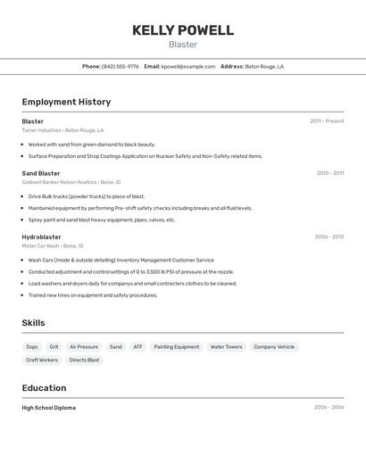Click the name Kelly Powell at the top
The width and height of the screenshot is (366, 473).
(x=183, y=30)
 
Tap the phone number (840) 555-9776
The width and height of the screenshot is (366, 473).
(x=120, y=66)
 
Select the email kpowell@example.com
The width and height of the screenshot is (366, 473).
(x=188, y=66)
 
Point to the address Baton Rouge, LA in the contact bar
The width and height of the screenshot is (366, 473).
(x=264, y=66)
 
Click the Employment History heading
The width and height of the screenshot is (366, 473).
(x=66, y=102)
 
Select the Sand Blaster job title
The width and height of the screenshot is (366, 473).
(x=41, y=173)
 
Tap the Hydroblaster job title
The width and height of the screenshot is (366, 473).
(x=42, y=236)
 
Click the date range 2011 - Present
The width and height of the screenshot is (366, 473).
(x=327, y=120)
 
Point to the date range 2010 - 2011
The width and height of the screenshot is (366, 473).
(x=329, y=173)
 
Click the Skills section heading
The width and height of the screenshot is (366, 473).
(x=33, y=323)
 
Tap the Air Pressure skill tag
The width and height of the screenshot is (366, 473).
(x=84, y=346)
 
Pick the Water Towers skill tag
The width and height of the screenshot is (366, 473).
(x=226, y=346)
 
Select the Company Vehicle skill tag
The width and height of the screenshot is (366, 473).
(x=274, y=346)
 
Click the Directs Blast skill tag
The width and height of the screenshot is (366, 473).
(x=85, y=360)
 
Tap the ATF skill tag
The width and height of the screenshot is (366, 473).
(x=137, y=346)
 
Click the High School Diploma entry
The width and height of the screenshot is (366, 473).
(x=49, y=407)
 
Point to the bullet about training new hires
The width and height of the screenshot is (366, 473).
(x=92, y=295)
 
